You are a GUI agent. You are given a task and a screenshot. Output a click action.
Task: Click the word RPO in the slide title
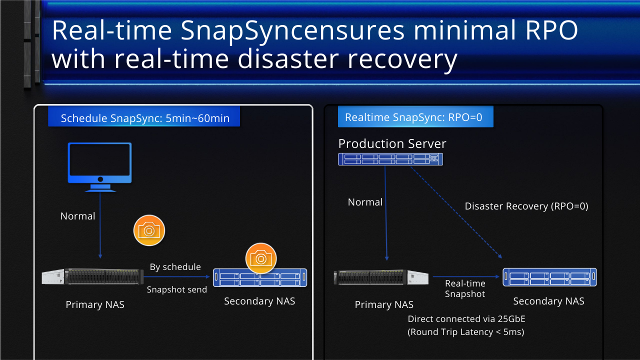click(551, 30)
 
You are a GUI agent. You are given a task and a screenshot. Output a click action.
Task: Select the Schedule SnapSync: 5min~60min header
click(144, 116)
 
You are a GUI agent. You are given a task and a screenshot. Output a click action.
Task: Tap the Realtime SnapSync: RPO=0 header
click(415, 116)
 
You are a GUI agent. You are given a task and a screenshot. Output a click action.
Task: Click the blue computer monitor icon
click(99, 167)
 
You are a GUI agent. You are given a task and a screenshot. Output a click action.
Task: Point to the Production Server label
click(392, 143)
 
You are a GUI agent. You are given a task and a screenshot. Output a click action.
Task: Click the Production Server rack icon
click(390, 159)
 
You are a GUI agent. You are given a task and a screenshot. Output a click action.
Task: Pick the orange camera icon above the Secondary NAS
click(261, 258)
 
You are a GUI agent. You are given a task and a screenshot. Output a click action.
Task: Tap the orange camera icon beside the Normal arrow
click(149, 230)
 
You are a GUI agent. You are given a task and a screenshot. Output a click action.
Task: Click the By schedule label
click(175, 267)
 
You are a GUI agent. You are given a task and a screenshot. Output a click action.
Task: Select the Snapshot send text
click(177, 289)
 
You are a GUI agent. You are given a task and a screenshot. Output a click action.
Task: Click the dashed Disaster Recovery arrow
click(456, 212)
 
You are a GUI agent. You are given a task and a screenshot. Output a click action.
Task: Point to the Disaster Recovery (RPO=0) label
click(526, 206)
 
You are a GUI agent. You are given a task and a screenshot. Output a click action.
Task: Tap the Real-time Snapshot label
click(465, 288)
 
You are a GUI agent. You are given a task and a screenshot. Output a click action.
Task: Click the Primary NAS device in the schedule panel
click(92, 276)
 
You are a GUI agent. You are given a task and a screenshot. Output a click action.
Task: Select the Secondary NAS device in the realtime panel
click(549, 277)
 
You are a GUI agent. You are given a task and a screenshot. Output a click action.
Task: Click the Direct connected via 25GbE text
click(466, 319)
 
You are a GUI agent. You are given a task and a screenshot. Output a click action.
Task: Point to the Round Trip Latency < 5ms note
click(465, 332)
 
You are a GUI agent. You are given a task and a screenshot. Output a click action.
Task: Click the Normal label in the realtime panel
click(365, 202)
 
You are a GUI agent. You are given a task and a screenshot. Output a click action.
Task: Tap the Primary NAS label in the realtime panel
click(384, 304)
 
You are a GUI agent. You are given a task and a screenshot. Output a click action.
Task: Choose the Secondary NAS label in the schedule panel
click(259, 301)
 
